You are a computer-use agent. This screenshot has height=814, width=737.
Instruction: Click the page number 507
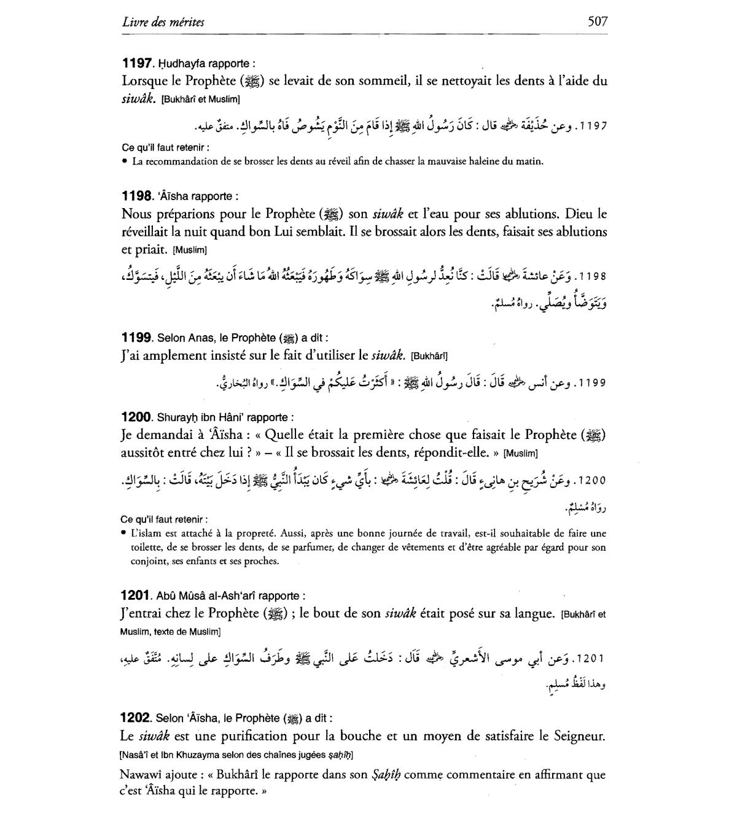pyautogui.click(x=597, y=21)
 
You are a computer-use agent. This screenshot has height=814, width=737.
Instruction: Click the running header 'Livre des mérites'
pyautogui.click(x=163, y=22)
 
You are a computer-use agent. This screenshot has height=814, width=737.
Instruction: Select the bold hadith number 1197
pyautogui.click(x=136, y=63)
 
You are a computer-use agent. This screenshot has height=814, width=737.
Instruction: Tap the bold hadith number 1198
pyautogui.click(x=136, y=196)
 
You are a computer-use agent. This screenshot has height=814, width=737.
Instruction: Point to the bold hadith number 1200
pyautogui.click(x=136, y=417)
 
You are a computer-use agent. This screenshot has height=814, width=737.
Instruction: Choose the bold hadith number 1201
pyautogui.click(x=136, y=595)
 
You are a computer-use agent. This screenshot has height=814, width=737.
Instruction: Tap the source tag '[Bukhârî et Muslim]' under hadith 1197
pyautogui.click(x=200, y=99)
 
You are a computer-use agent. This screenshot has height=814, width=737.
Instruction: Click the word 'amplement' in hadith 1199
pyautogui.click(x=178, y=355)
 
